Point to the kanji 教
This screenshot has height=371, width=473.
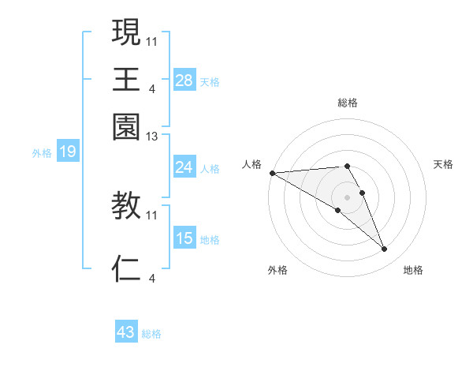(126, 206)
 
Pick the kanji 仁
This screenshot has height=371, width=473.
(126, 268)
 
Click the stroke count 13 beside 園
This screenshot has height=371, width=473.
(152, 137)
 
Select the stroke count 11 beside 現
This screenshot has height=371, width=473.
(152, 40)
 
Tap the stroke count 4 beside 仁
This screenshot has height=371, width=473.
(152, 277)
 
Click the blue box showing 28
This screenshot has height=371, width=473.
(184, 81)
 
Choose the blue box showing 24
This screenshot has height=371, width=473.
(184, 167)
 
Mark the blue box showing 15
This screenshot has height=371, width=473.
(184, 238)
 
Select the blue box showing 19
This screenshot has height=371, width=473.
(67, 152)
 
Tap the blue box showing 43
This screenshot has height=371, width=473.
(125, 332)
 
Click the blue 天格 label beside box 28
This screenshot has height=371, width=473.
(210, 82)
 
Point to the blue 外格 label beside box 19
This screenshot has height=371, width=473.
(42, 152)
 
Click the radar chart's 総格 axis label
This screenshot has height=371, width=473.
(347, 103)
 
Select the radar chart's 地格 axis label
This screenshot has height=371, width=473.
(413, 270)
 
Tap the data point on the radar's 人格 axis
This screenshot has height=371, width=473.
(272, 173)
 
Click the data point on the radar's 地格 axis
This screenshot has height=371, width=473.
(384, 249)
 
